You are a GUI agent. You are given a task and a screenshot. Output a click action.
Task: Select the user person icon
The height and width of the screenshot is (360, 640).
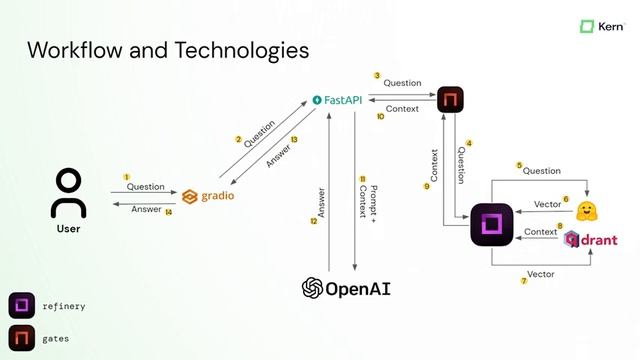[x=68, y=192]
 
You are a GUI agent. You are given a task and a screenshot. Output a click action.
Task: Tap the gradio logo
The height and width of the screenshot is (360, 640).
[x=209, y=196]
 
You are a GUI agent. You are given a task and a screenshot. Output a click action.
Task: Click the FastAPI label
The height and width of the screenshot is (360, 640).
[x=336, y=100]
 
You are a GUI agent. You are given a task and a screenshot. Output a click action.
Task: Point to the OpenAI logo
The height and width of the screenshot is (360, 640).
[x=346, y=288]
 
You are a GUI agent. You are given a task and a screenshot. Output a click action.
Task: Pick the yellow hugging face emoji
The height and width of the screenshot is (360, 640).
[x=587, y=210]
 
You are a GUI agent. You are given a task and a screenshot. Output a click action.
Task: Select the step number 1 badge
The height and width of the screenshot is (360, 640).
[x=127, y=177]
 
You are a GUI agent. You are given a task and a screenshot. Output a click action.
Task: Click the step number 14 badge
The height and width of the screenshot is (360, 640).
[x=169, y=211]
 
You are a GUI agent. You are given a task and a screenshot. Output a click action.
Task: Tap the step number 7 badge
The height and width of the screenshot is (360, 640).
[x=523, y=281]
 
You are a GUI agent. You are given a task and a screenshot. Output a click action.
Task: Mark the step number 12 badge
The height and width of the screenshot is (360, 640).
[x=313, y=221]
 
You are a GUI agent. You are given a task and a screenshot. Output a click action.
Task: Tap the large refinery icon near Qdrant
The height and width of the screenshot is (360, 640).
[x=492, y=224]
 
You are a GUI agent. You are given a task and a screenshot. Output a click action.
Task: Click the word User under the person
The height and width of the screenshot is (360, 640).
[x=68, y=229]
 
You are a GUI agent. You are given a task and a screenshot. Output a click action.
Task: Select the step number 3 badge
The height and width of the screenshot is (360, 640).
[x=377, y=75]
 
